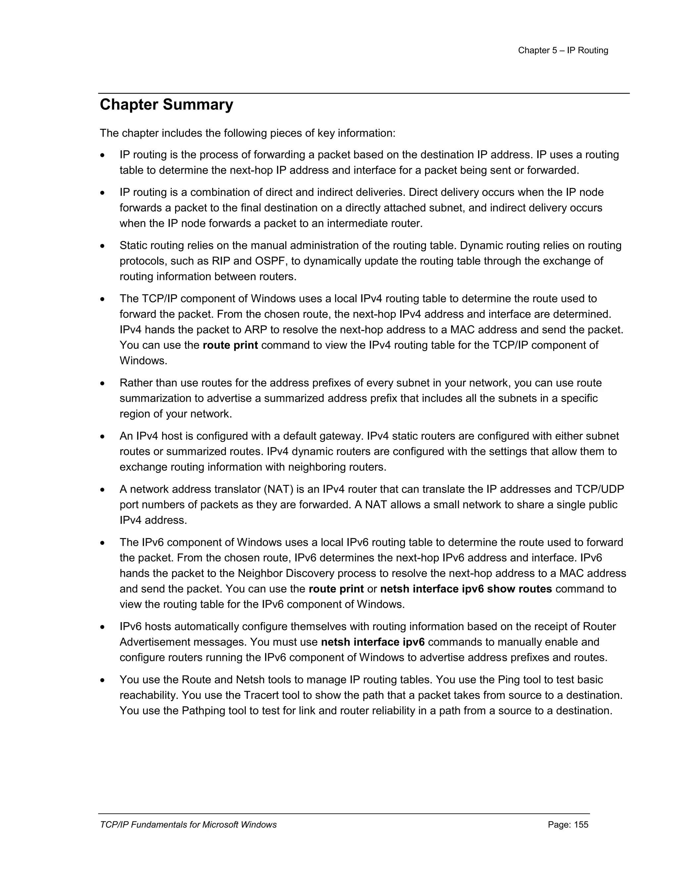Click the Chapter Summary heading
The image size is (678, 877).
coord(166,105)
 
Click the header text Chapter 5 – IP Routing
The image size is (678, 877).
coord(563,51)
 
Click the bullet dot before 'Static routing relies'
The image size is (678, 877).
coord(103,246)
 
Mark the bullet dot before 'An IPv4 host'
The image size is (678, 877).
coord(103,437)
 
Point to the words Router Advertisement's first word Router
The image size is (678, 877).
coord(599,626)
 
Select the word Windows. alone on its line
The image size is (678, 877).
coord(143,361)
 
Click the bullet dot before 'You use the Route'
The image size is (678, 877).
coord(103,680)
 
